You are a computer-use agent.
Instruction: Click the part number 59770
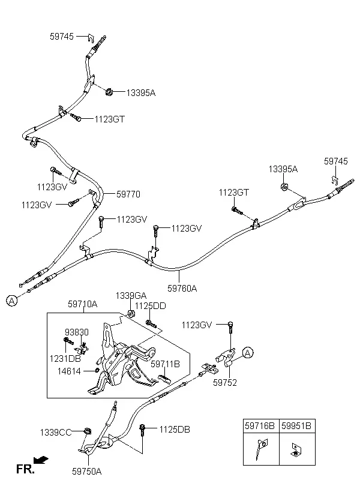[128, 194]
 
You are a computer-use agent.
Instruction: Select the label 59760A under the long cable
[182, 288]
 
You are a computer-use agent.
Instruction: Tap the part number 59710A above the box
[83, 304]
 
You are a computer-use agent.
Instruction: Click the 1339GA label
[131, 296]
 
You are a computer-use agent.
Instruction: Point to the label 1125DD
[151, 306]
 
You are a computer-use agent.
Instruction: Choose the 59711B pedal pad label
[165, 364]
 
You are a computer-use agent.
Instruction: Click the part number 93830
[77, 332]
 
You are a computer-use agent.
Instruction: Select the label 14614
[69, 371]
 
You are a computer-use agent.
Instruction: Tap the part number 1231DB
[65, 358]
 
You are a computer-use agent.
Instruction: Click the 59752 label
[225, 382]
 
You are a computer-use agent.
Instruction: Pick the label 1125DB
[175, 429]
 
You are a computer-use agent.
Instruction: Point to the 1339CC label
[56, 433]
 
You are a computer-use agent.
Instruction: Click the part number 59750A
[86, 471]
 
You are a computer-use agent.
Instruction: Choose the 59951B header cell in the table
[297, 426]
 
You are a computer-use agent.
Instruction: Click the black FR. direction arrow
[41, 460]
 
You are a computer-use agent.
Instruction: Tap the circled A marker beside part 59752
[248, 353]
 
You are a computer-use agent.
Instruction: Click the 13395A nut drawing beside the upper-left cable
[109, 92]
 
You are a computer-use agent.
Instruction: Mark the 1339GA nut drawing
[131, 314]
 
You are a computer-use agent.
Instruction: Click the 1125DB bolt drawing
[143, 430]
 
